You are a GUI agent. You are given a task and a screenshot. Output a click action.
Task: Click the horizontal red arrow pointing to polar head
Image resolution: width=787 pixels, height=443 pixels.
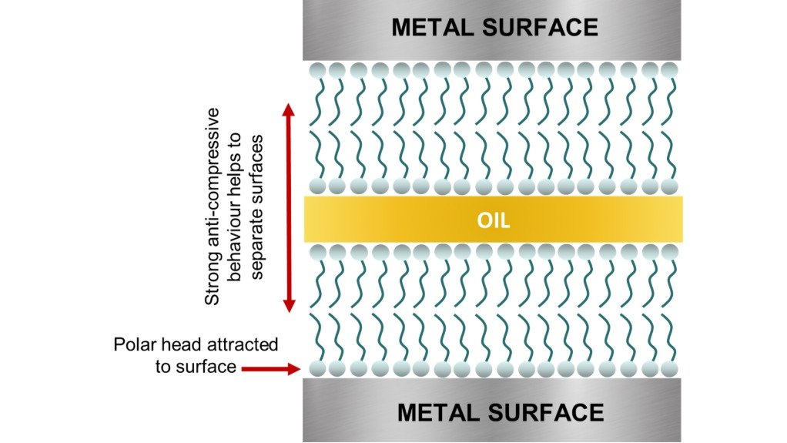(x=270, y=370)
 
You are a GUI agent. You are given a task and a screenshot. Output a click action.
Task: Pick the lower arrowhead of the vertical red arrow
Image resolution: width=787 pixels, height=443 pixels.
(x=288, y=306)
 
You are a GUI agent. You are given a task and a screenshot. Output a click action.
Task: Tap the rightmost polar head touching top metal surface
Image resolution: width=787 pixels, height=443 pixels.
(x=669, y=69)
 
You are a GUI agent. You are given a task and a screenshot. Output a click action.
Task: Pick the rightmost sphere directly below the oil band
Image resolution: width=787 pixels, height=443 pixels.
(x=669, y=252)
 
